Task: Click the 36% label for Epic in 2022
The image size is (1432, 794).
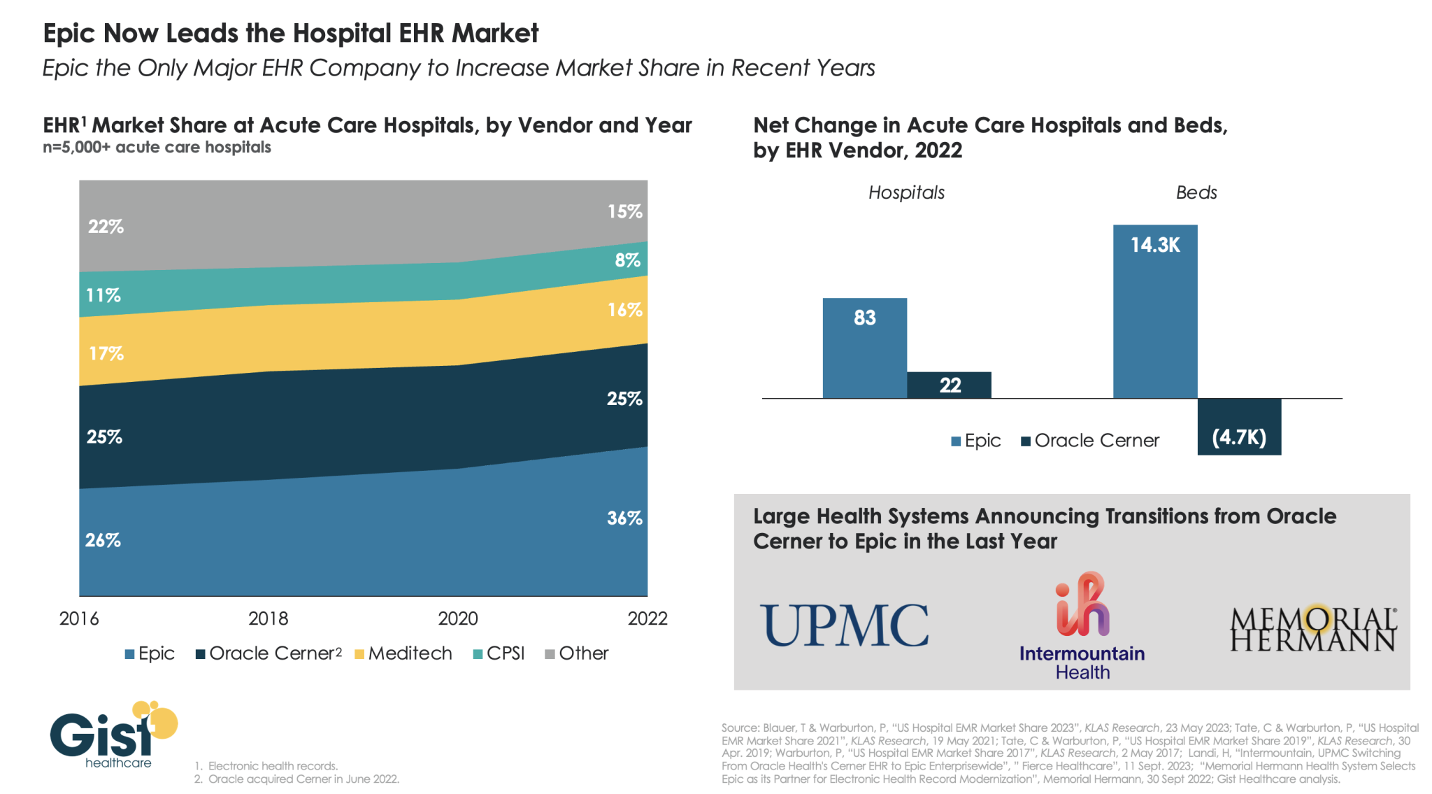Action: (624, 518)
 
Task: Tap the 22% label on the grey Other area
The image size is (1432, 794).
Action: (106, 227)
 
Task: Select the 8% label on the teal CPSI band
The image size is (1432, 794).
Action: (627, 260)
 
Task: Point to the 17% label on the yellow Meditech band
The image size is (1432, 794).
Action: (106, 353)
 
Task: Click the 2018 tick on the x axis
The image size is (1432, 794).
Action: (268, 618)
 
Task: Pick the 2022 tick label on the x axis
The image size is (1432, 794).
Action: (647, 618)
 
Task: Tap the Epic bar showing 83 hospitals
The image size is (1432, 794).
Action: (864, 348)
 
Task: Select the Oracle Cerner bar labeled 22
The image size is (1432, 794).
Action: (949, 385)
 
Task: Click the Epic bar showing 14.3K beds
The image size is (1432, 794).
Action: (1154, 311)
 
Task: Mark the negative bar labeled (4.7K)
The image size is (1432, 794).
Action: (1239, 427)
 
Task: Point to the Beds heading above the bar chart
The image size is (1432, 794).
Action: (1196, 193)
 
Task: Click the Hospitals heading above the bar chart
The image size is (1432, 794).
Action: (906, 193)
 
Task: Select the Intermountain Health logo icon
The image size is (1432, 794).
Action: (1082, 604)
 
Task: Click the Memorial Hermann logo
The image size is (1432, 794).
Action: (1312, 629)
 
